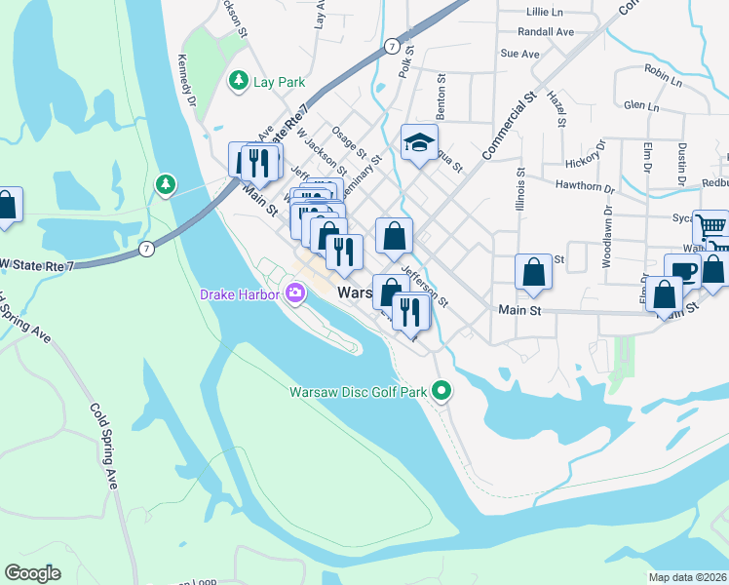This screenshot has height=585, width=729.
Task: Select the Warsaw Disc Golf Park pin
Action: (x=441, y=392)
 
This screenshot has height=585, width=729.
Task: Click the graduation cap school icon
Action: (x=419, y=143)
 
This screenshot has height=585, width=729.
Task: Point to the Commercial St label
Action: (x=509, y=126)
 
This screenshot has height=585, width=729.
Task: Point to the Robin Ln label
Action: (x=663, y=71)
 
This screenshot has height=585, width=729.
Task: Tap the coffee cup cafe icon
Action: (x=683, y=271)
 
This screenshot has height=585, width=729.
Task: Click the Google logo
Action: (x=32, y=573)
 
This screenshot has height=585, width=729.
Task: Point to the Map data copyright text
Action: (x=687, y=577)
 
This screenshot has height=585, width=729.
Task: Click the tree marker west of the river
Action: (x=166, y=183)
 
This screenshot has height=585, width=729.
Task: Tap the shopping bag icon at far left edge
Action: (x=6, y=206)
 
